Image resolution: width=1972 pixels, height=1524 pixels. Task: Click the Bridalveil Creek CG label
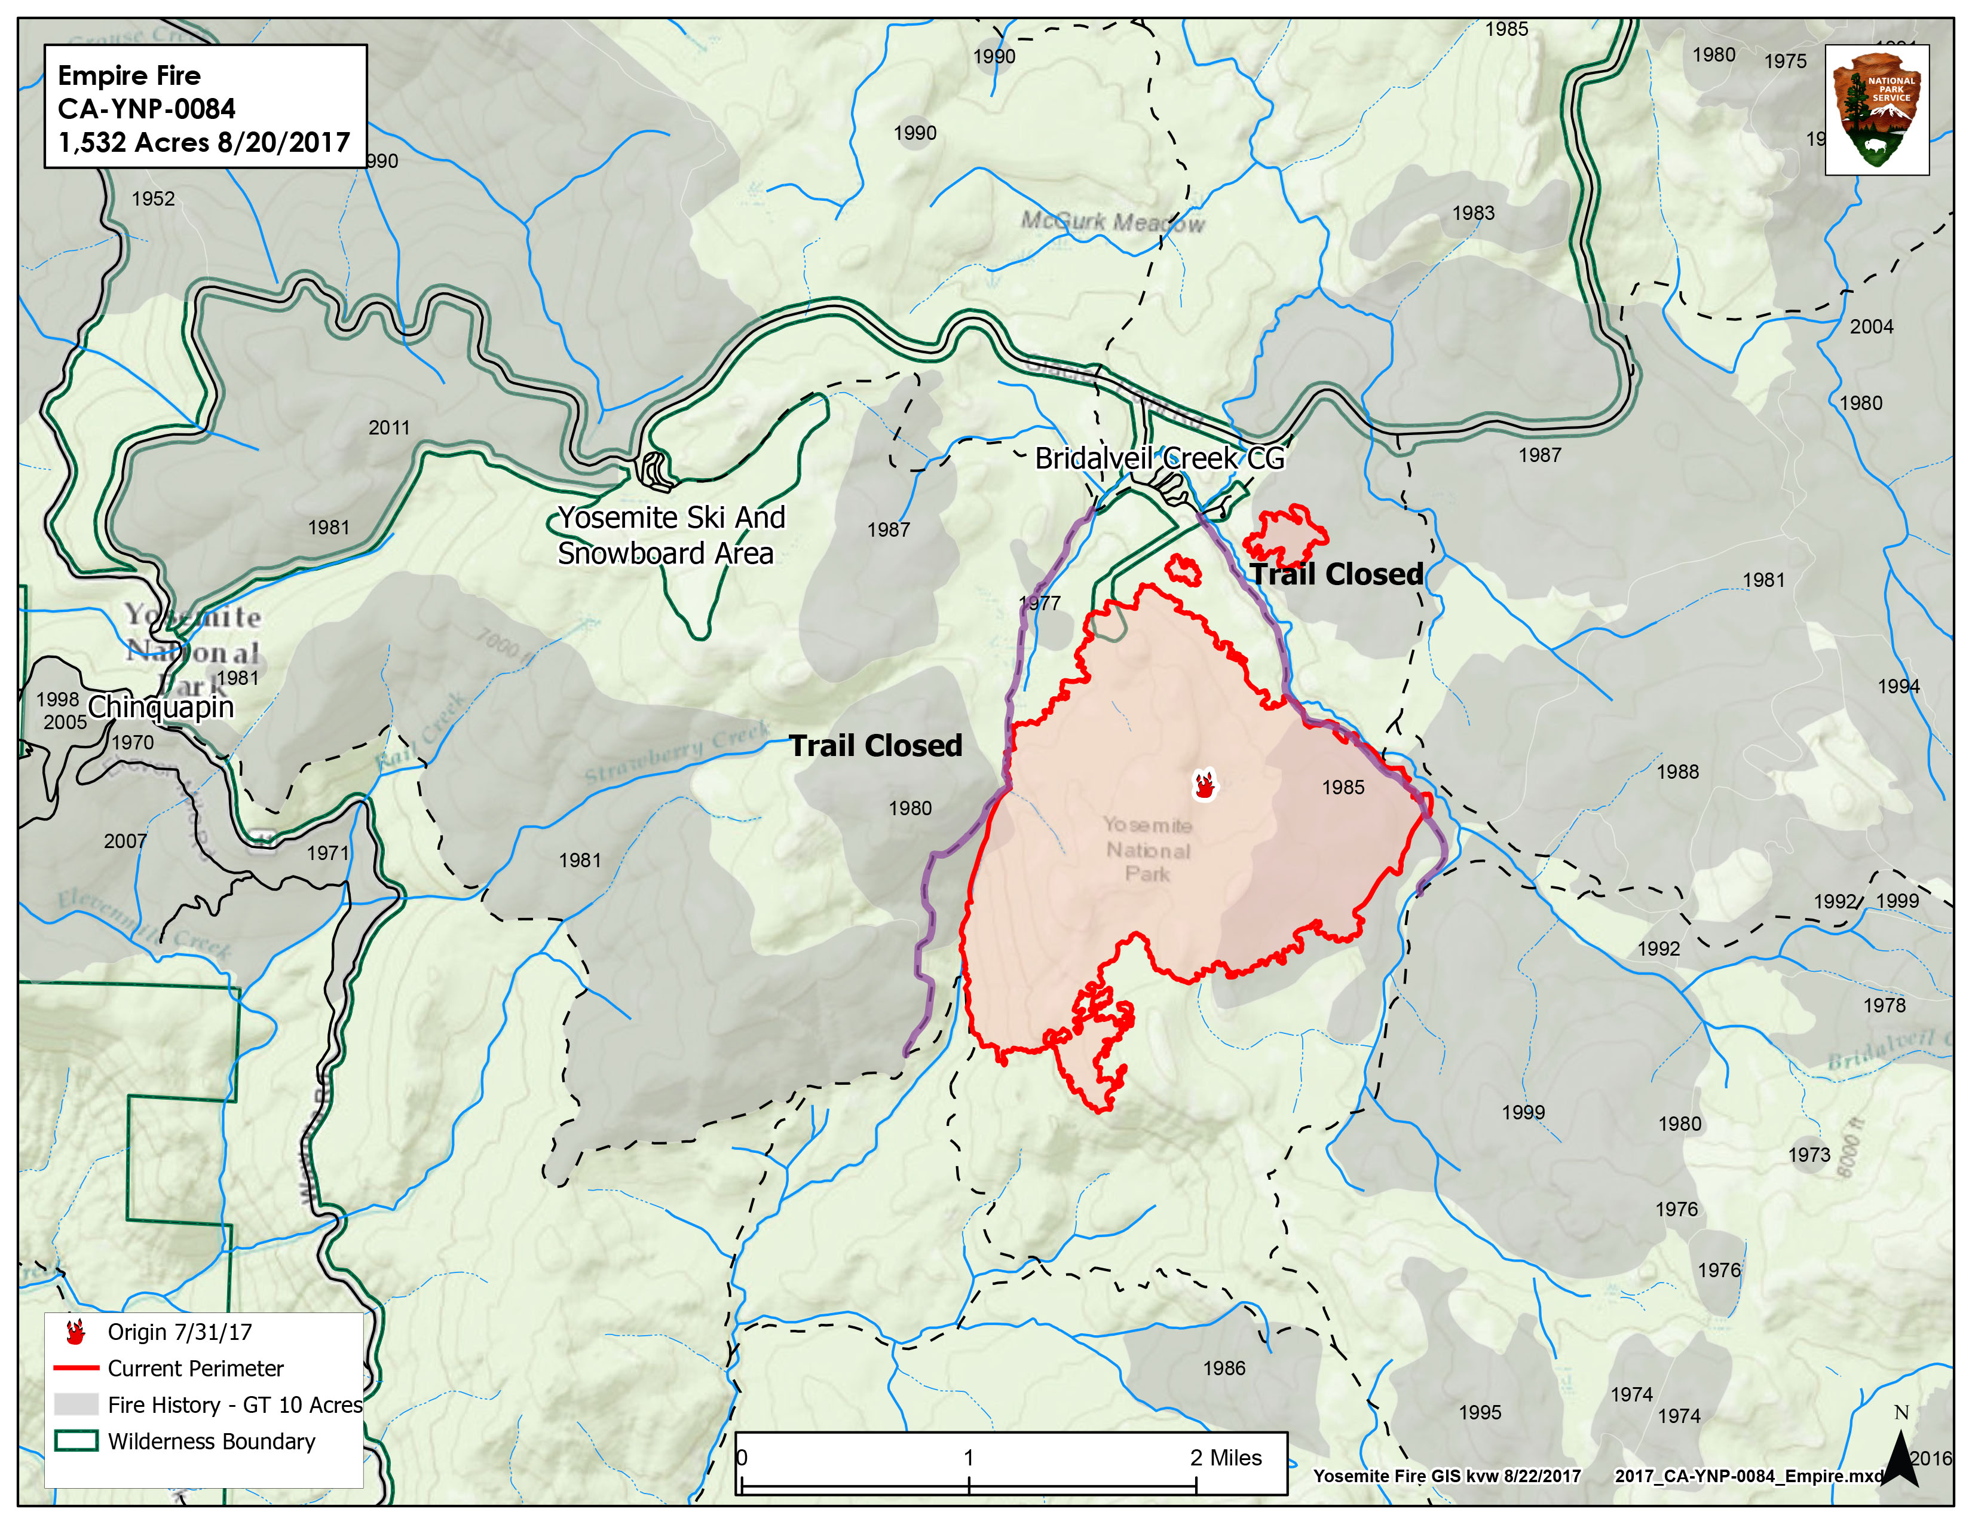(1159, 458)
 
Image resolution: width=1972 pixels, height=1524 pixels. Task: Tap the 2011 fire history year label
(389, 428)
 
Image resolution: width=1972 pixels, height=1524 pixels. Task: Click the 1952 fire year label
(154, 198)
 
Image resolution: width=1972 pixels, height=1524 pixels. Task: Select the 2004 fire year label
(1871, 327)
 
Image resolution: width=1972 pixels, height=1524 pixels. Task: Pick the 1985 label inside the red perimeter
(1343, 787)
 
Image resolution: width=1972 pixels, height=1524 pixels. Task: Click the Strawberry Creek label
(677, 751)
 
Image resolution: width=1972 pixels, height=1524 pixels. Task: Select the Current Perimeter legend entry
(195, 1369)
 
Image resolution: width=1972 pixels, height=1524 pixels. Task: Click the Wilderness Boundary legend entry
(212, 1442)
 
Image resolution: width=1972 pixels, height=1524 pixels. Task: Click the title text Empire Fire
(129, 75)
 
